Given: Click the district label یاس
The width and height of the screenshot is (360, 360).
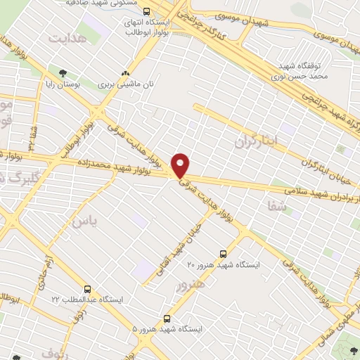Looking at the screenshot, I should (81, 221).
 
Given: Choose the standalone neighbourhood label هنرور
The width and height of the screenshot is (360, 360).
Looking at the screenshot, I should (192, 285).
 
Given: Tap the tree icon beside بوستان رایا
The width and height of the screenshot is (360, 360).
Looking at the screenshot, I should (63, 73).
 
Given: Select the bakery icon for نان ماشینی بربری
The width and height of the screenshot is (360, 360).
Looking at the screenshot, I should (126, 73).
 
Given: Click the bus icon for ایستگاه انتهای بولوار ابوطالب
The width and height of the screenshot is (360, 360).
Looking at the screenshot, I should (146, 11).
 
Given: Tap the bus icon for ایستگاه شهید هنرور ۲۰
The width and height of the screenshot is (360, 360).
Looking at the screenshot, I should (224, 254).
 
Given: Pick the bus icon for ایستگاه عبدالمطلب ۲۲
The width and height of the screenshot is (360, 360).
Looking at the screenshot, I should (87, 289).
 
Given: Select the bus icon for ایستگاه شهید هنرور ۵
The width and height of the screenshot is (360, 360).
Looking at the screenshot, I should (167, 318).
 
